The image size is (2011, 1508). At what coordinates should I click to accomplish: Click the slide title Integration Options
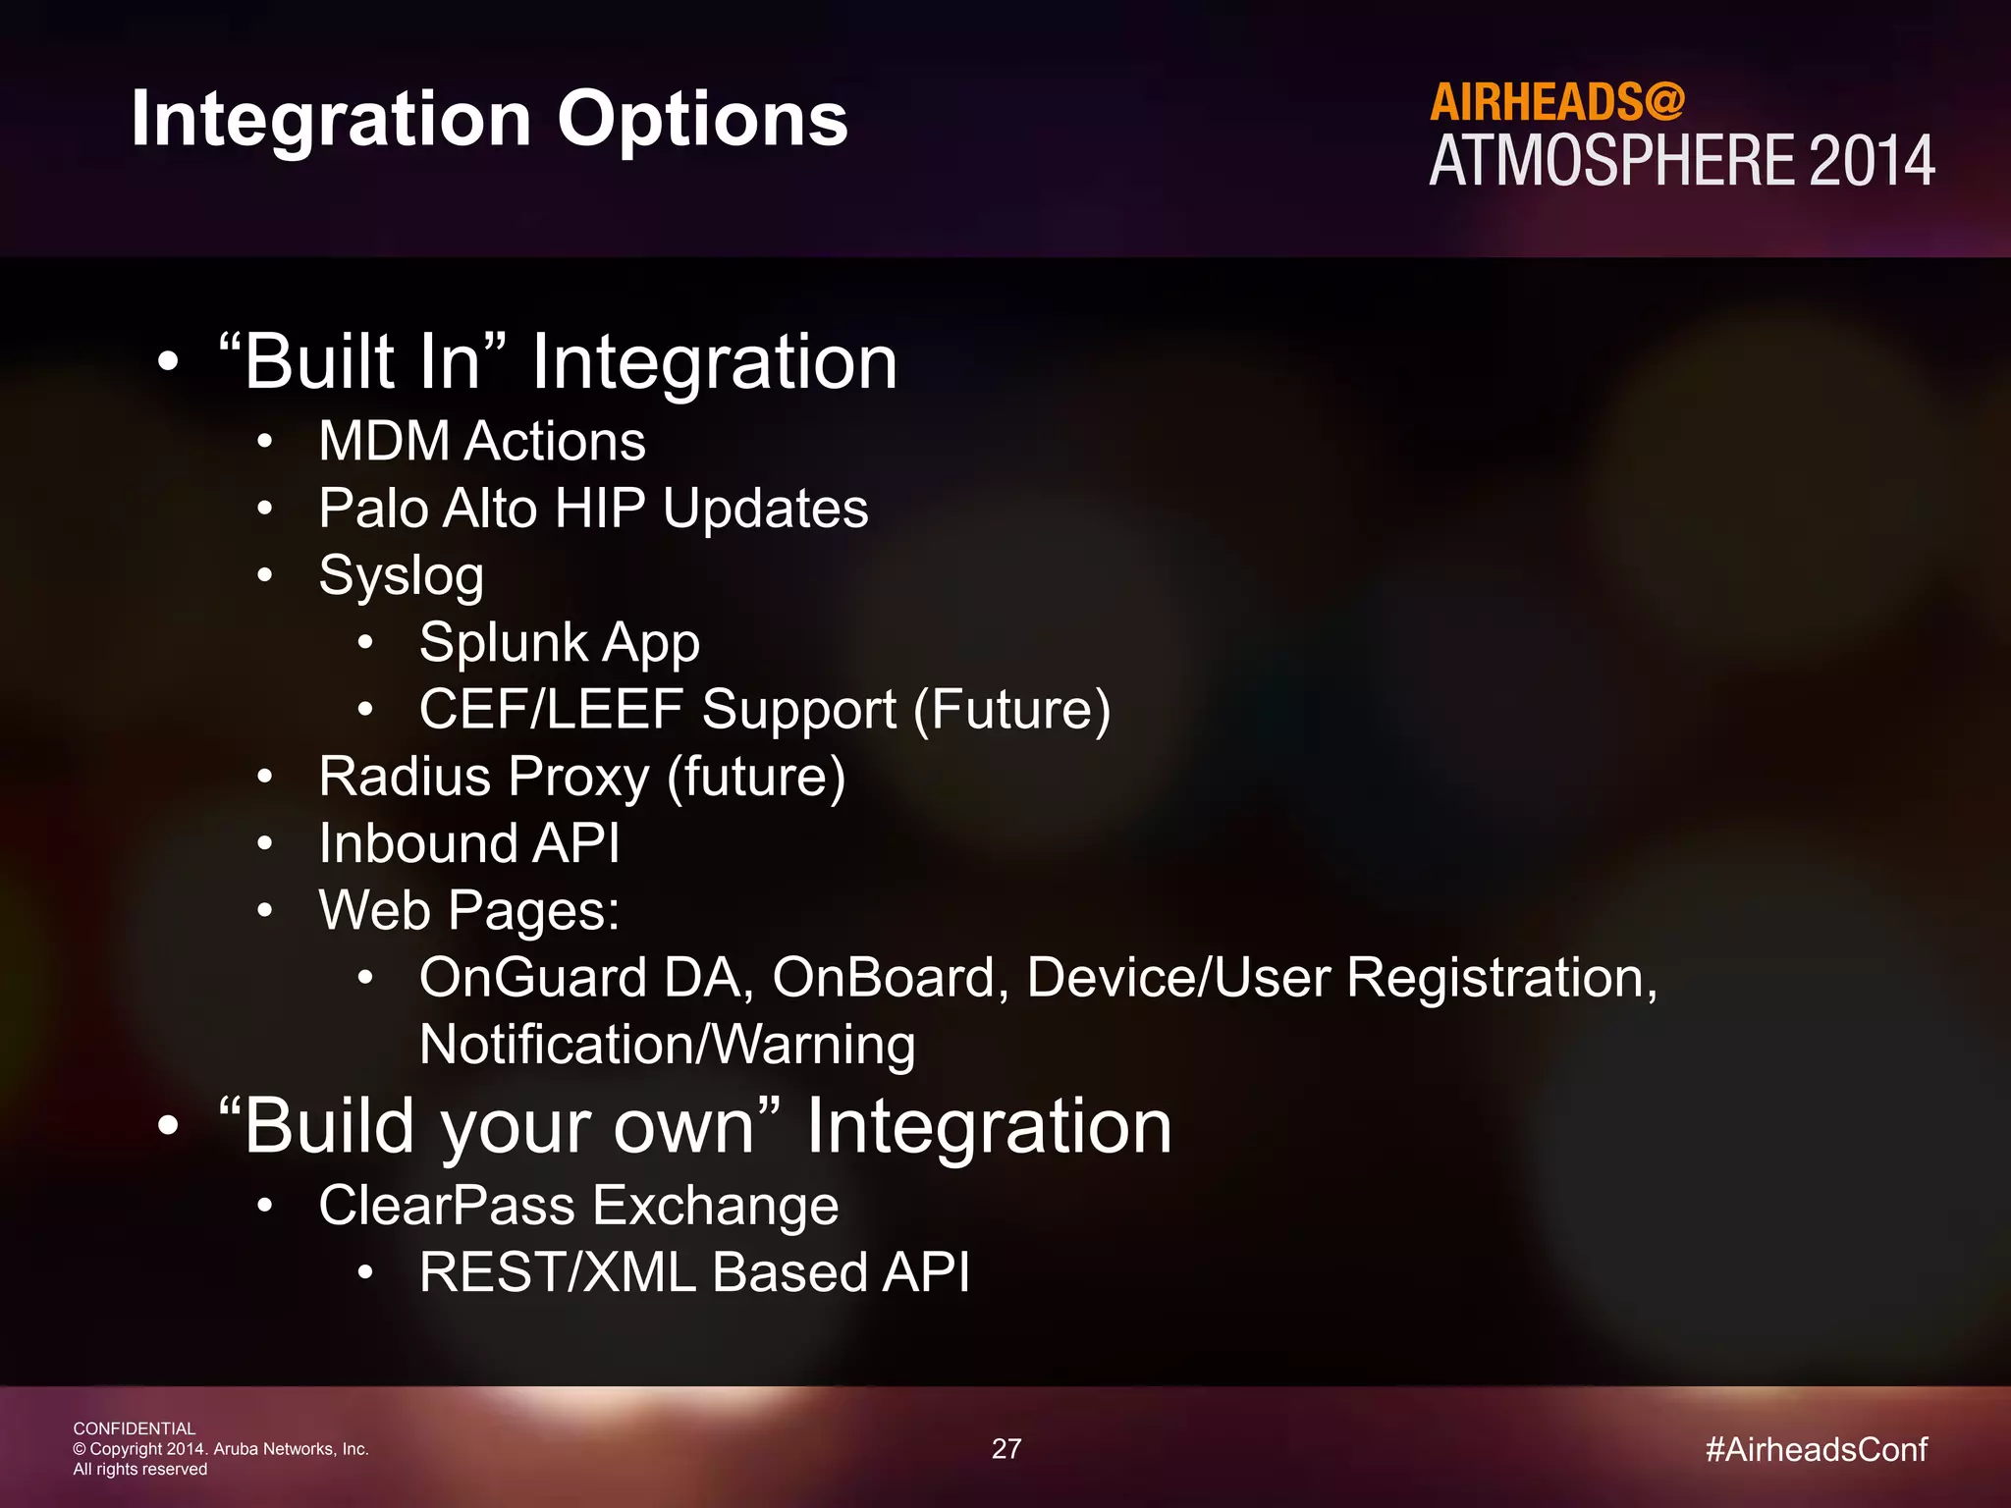click(489, 119)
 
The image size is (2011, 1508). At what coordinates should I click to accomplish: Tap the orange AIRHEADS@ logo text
click(1556, 102)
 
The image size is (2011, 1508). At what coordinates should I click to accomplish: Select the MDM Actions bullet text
click(481, 441)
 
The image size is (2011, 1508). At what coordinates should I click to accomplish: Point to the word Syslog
click(401, 576)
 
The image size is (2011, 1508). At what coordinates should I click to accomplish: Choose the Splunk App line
click(559, 643)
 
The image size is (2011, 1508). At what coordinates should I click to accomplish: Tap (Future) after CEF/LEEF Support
click(1011, 710)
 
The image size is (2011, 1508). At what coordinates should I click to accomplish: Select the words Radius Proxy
click(483, 778)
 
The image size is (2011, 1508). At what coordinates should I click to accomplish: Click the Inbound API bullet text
click(468, 844)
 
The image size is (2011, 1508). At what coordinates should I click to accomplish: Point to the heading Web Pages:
click(468, 911)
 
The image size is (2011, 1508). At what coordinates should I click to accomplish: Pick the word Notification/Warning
click(667, 1045)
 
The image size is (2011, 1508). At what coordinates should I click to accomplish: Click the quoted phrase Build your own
click(500, 1126)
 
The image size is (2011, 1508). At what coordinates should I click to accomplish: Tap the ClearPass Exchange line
click(578, 1206)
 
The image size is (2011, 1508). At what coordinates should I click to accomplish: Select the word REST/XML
click(557, 1272)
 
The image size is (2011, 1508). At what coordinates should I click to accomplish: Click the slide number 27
click(1006, 1449)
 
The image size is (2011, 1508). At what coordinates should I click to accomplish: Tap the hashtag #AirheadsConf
click(1816, 1450)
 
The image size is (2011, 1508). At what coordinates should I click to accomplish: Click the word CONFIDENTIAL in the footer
click(134, 1428)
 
